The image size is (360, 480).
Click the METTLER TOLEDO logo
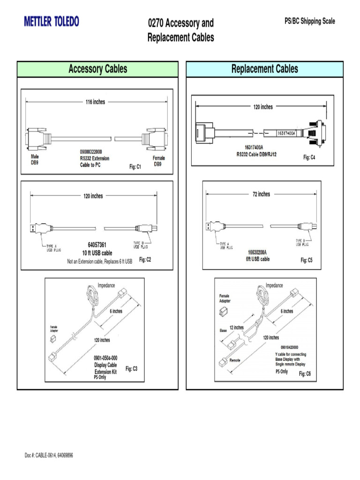coord(52,22)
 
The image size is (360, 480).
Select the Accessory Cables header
coord(97,69)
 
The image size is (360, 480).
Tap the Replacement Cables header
coord(264,69)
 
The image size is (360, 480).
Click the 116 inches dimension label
coord(95,102)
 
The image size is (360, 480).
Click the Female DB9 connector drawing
coord(155,137)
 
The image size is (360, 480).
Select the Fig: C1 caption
coord(135,167)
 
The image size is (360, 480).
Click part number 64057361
coord(97,245)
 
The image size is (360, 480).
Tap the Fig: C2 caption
coord(145,260)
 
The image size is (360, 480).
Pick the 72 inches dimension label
coord(261,194)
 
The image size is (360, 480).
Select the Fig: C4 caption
coord(309,157)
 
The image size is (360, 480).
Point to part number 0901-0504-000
coord(105,358)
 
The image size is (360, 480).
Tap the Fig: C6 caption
coord(305,374)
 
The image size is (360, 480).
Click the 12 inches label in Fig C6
coord(236,327)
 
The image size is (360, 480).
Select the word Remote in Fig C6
coord(235,360)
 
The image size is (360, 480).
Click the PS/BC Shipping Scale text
coord(309,22)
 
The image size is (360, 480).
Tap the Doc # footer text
coord(49,455)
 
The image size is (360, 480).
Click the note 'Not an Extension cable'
coord(100,261)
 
